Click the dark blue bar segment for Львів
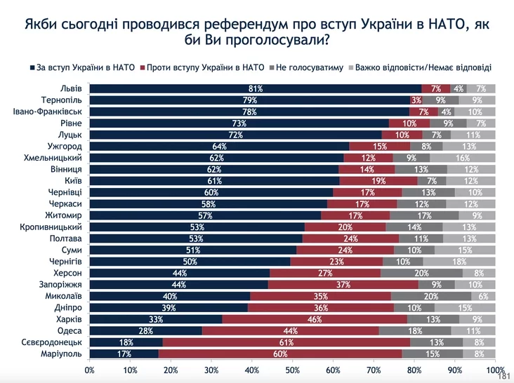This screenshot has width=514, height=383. pyautogui.click(x=256, y=88)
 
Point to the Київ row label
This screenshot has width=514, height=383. pyautogui.click(x=73, y=180)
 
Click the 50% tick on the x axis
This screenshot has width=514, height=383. pyautogui.click(x=292, y=369)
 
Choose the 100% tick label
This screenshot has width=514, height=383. pyautogui.click(x=494, y=369)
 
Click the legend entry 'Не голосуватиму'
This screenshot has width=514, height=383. pyautogui.click(x=309, y=68)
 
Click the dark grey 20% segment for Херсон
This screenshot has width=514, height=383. pyautogui.click(x=421, y=273)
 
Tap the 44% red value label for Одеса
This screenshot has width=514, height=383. pyautogui.click(x=291, y=330)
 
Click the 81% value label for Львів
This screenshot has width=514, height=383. pyautogui.click(x=256, y=88)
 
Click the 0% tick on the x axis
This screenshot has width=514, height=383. pyautogui.click(x=89, y=369)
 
